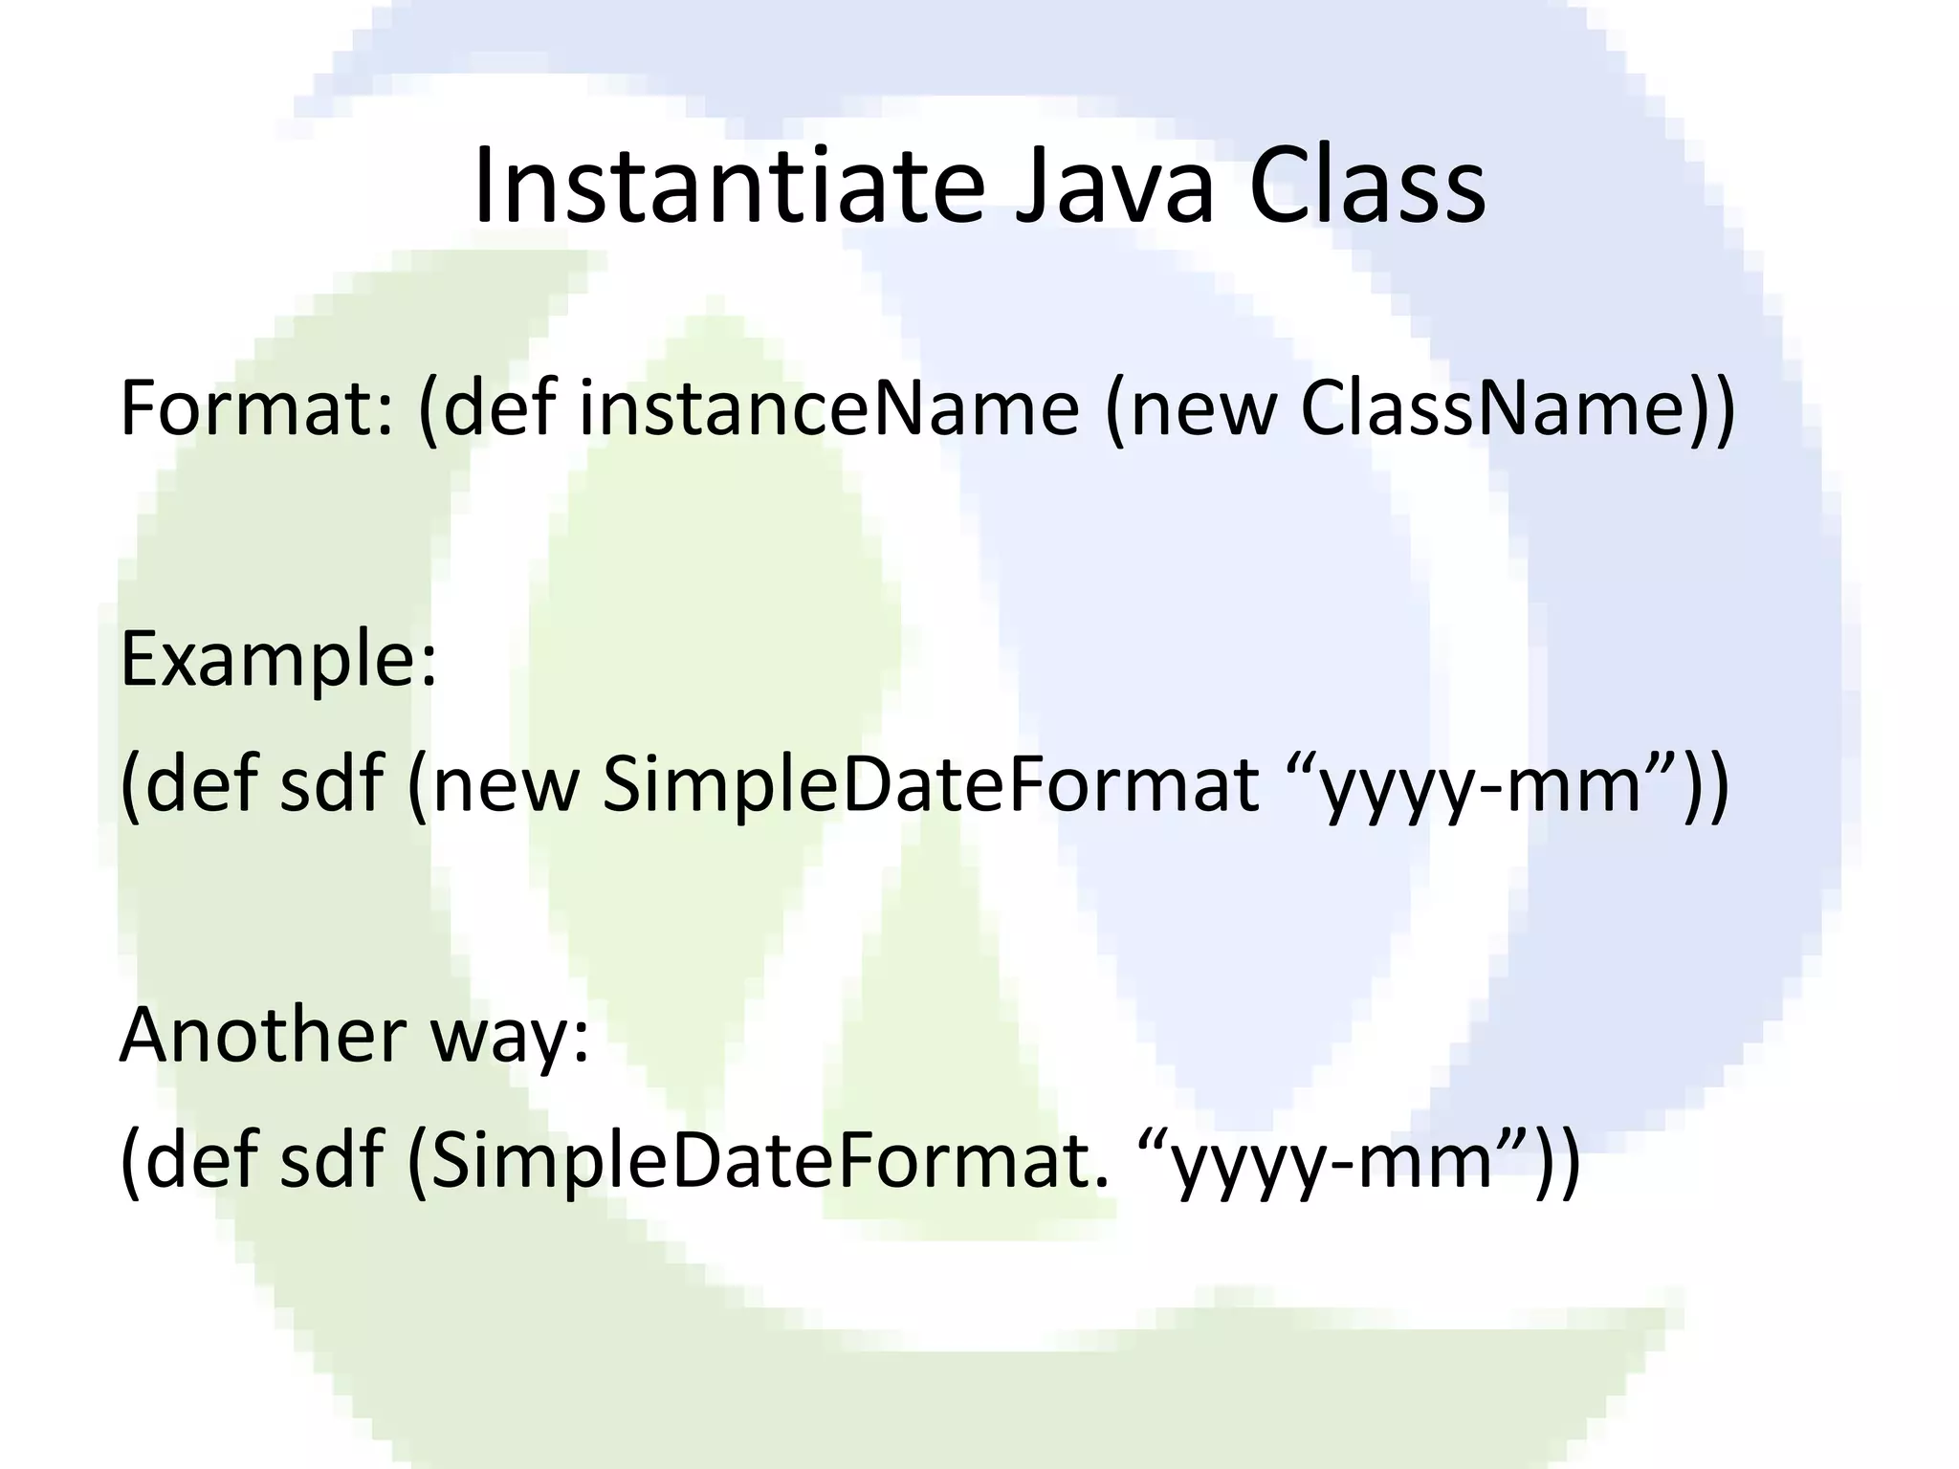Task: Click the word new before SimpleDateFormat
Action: coord(507,784)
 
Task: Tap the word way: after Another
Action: coord(511,1038)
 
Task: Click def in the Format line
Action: coord(499,408)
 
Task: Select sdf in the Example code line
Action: coord(331,784)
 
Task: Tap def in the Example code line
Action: coord(201,784)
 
